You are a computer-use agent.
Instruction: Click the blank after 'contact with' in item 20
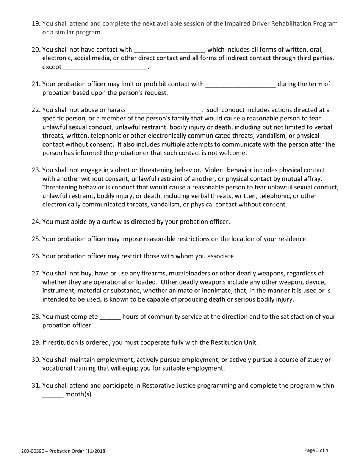click(x=169, y=50)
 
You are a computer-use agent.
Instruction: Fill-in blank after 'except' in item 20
click(x=105, y=67)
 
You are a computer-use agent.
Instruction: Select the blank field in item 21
click(x=240, y=84)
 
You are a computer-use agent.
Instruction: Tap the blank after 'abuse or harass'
click(x=164, y=110)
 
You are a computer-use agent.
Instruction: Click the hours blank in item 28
click(x=110, y=317)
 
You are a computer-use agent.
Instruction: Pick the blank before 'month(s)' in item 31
click(x=53, y=394)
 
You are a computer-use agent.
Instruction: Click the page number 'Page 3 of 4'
click(x=316, y=450)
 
